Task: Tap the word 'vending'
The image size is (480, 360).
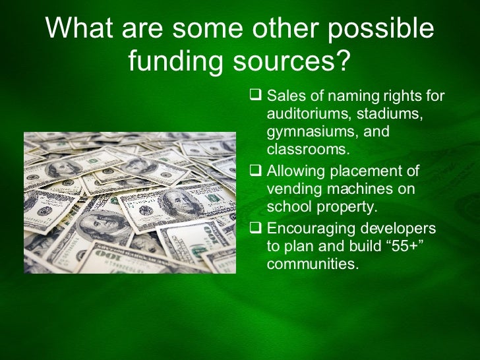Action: tap(290, 189)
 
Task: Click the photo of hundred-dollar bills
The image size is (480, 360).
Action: tap(129, 202)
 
